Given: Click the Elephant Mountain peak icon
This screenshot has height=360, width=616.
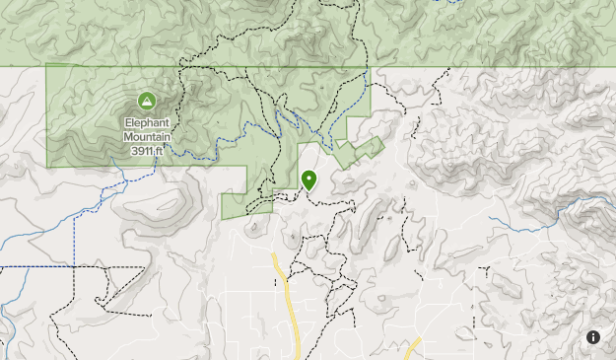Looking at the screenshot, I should (x=146, y=101).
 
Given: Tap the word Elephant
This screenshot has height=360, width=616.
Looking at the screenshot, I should (x=146, y=123).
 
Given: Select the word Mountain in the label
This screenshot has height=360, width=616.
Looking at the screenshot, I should (x=146, y=137).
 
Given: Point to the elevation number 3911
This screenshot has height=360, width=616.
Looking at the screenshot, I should (x=139, y=151).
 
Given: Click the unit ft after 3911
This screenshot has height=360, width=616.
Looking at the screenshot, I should (x=158, y=151).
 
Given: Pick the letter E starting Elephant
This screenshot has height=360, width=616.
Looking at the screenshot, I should (x=127, y=123).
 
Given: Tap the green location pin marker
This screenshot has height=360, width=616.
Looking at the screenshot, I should (x=309, y=180).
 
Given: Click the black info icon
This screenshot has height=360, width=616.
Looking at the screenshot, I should (x=593, y=337).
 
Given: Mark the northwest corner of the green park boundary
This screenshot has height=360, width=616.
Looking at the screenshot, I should (x=47, y=66).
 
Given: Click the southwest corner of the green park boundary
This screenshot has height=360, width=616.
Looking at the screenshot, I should (x=47, y=166).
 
